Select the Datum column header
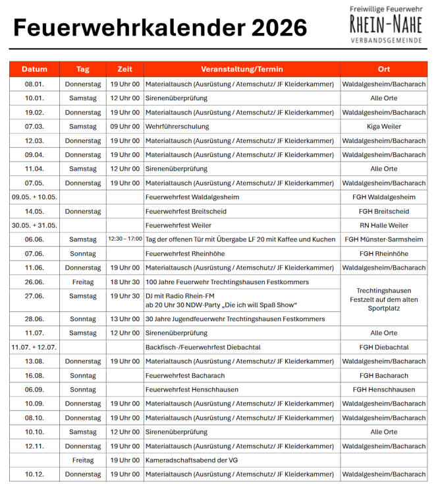(34, 69)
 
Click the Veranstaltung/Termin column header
(242, 69)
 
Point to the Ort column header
(384, 69)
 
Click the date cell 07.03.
(34, 127)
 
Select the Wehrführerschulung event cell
(177, 127)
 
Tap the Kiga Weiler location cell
(384, 127)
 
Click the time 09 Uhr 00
(124, 127)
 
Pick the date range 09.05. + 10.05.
(34, 197)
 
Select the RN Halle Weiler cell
(384, 226)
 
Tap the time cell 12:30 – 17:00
(124, 239)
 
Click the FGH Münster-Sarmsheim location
(384, 239)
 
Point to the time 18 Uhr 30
(124, 282)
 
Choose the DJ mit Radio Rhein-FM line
(180, 296)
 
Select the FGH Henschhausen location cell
(384, 390)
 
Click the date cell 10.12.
(34, 474)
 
